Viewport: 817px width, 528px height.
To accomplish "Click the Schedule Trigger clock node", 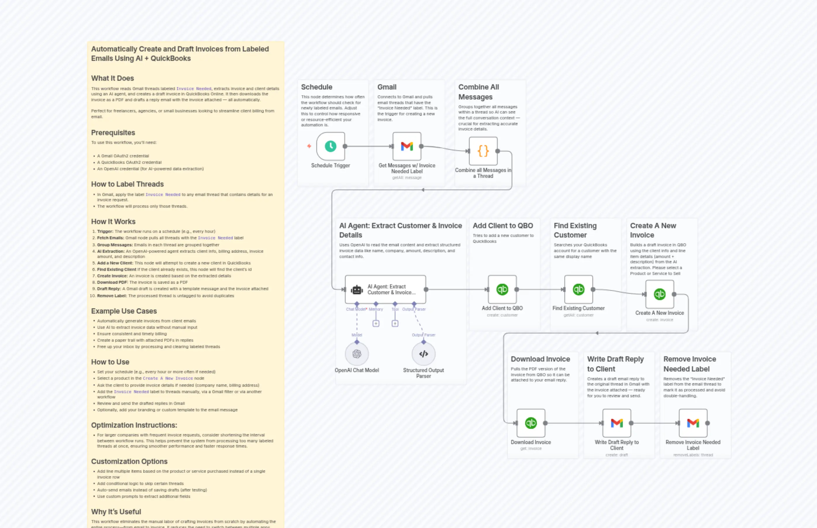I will [x=330, y=146].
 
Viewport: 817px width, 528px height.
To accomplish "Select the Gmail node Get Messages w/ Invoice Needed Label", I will [x=407, y=146].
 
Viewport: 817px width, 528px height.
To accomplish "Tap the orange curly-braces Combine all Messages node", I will [x=483, y=151].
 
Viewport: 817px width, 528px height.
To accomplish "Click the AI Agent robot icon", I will [x=357, y=290].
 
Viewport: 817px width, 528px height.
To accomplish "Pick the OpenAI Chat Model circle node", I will [x=357, y=354].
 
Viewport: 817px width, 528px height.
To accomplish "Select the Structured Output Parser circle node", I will [x=424, y=354].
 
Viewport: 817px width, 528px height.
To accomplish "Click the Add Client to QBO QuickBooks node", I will [x=502, y=290].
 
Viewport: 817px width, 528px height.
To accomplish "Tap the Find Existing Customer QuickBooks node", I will [x=578, y=290].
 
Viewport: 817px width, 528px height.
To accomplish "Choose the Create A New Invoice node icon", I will [x=659, y=294].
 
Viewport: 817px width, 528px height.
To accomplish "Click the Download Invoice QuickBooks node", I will [x=531, y=423].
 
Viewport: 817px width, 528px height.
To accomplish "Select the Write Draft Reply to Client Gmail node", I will [x=616, y=423].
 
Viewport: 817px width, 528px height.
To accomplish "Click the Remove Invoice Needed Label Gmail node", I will [x=693, y=423].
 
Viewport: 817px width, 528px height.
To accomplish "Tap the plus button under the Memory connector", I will [x=376, y=323].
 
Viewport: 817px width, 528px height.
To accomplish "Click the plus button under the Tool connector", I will [x=395, y=323].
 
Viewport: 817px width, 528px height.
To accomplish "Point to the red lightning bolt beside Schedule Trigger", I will [x=309, y=146].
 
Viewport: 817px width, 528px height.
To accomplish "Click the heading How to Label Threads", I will [x=127, y=184].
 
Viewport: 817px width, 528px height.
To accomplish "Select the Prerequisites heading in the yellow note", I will [x=113, y=133].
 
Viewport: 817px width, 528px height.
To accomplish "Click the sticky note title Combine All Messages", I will [x=478, y=92].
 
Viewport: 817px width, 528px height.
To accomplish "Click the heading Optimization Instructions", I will [x=134, y=425].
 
